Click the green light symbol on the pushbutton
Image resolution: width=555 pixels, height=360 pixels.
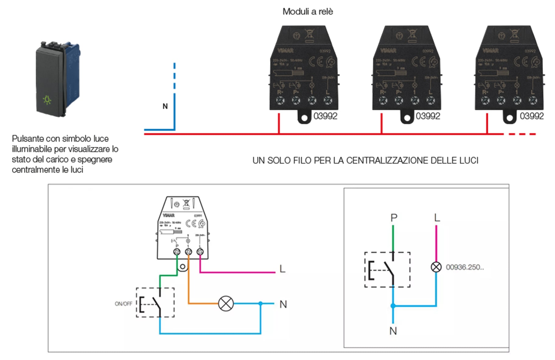(47, 100)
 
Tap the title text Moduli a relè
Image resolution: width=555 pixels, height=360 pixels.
(308, 12)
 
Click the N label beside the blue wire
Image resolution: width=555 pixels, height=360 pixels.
(165, 106)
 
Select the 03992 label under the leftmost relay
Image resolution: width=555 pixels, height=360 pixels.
(325, 116)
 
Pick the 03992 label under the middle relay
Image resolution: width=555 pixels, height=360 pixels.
(428, 116)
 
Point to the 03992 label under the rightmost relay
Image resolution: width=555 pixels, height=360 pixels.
(532, 116)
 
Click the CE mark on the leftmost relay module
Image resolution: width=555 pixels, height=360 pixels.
(316, 62)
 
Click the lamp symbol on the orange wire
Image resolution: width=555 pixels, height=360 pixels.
(226, 303)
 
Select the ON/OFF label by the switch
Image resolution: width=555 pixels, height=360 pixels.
(123, 304)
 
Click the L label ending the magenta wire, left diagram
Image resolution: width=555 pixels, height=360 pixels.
(282, 269)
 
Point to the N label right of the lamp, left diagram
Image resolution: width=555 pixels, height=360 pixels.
(283, 304)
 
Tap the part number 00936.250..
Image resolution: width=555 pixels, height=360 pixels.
(465, 267)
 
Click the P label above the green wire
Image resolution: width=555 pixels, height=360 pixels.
(394, 218)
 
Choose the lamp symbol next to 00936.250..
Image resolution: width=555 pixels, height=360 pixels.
(436, 267)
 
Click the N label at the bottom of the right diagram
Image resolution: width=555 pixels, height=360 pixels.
(393, 331)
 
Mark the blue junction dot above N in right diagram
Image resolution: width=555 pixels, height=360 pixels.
(393, 306)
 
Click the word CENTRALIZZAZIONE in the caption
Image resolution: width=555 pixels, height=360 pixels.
(386, 161)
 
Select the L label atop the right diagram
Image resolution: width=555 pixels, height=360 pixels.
(437, 218)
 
